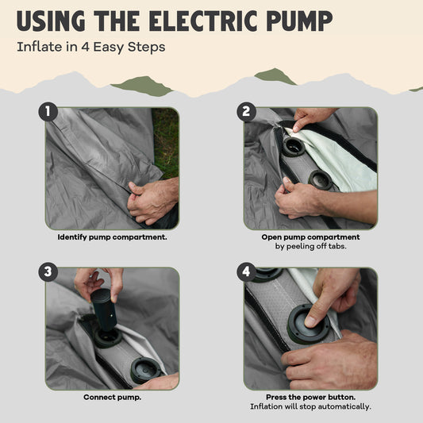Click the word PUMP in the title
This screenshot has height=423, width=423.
tap(299, 21)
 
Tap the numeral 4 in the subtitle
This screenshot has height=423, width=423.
tap(85, 47)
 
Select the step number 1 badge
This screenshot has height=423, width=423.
tap(48, 111)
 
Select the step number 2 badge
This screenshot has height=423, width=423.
tap(246, 111)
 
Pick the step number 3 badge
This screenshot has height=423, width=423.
tap(48, 271)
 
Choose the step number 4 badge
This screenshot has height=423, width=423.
tap(246, 271)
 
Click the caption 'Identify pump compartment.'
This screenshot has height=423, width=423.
tap(112, 237)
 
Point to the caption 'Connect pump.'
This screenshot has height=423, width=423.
tap(112, 398)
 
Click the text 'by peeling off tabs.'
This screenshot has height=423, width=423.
tap(310, 246)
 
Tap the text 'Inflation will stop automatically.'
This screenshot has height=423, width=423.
tap(310, 406)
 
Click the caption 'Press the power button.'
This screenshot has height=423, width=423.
tap(310, 398)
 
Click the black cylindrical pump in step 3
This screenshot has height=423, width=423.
tap(104, 310)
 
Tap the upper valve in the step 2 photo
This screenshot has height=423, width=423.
tap(294, 147)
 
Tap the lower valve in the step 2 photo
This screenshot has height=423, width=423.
tap(321, 180)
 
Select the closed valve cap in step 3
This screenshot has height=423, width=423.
tap(145, 370)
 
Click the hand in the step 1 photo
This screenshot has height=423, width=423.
tap(152, 201)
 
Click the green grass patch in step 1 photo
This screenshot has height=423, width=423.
tap(167, 141)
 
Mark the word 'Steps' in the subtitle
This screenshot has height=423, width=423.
tap(146, 48)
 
